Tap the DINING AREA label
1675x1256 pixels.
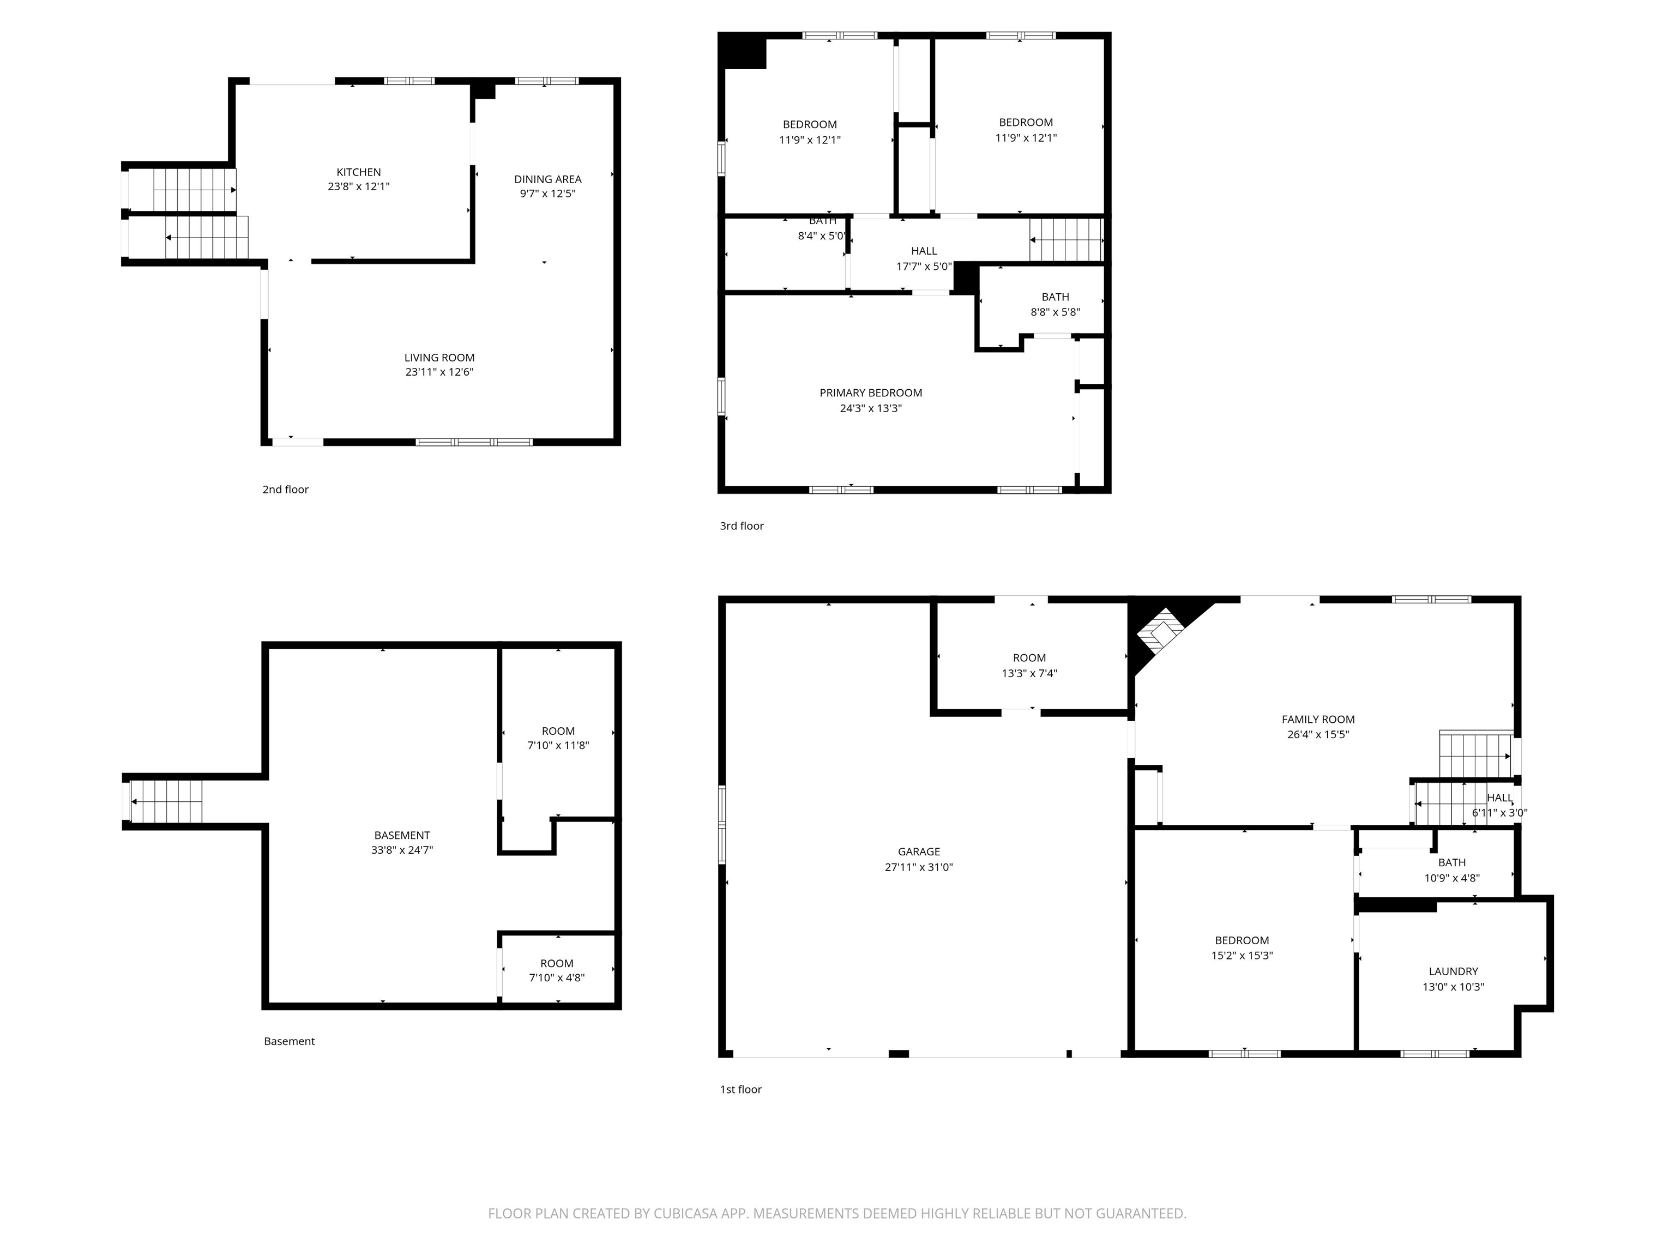click(547, 179)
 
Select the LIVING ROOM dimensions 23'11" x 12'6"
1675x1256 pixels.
click(439, 372)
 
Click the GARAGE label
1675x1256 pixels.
click(919, 852)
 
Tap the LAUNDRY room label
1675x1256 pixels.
click(1453, 971)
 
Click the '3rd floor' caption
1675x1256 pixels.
click(742, 526)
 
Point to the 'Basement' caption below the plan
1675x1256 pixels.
click(290, 1041)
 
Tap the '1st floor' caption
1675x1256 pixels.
click(740, 1089)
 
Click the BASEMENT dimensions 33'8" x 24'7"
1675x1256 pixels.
click(402, 849)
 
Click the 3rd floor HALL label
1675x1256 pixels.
click(924, 251)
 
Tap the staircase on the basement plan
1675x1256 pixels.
click(167, 801)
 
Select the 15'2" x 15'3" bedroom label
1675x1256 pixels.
click(1242, 941)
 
